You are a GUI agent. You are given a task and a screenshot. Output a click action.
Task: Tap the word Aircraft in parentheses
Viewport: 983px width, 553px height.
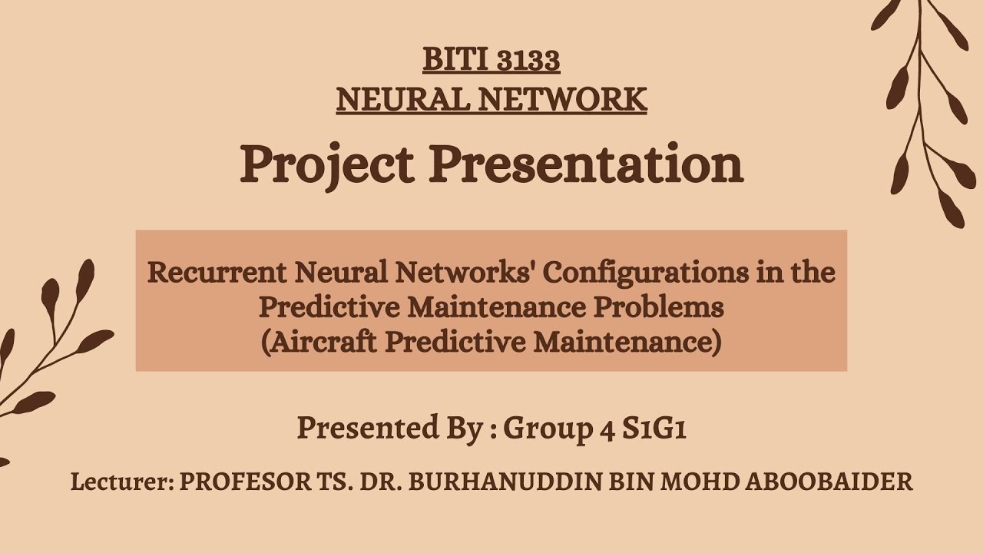point(319,342)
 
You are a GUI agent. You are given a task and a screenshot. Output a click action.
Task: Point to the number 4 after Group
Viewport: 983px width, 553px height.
point(606,429)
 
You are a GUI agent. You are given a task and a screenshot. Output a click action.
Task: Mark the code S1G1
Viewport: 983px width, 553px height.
point(654,428)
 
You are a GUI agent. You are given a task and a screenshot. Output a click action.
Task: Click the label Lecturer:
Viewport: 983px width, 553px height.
point(121,482)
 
